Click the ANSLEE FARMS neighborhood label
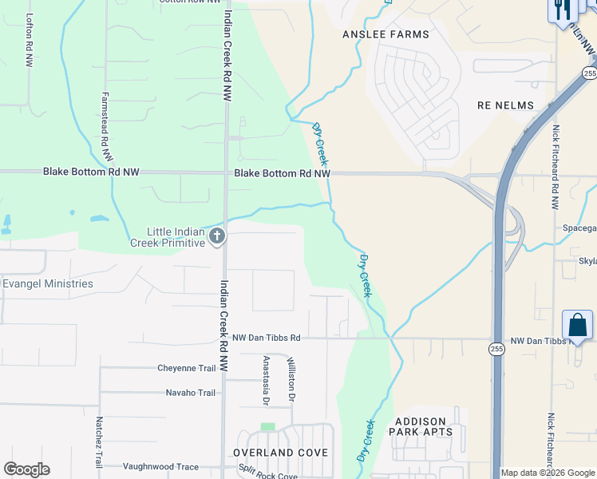(x=385, y=34)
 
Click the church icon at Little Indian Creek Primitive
(x=217, y=236)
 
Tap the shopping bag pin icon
(x=577, y=326)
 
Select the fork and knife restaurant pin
(x=562, y=10)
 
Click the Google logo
(x=26, y=469)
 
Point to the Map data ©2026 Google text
(x=548, y=473)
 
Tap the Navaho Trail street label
(x=191, y=392)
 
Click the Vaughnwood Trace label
(x=160, y=466)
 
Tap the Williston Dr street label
(x=292, y=379)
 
